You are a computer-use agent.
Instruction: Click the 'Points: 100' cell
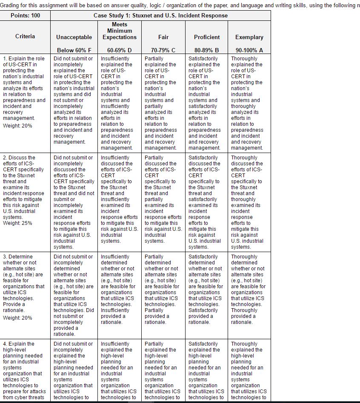(x=26, y=15)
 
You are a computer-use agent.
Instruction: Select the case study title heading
(x=160, y=15)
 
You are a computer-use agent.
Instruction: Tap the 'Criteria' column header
(x=26, y=37)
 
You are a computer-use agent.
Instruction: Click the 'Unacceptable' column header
(x=74, y=37)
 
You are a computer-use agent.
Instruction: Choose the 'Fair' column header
(x=163, y=37)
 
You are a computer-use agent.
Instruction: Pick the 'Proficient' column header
(x=207, y=37)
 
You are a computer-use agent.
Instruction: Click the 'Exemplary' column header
(x=249, y=37)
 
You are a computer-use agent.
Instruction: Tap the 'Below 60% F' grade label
(x=74, y=50)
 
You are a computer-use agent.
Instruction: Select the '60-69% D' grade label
(x=120, y=50)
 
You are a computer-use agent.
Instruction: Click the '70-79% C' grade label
(x=163, y=50)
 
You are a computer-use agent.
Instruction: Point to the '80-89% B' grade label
(x=207, y=50)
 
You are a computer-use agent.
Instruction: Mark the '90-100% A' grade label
(x=249, y=50)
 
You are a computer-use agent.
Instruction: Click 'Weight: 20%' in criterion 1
(x=17, y=126)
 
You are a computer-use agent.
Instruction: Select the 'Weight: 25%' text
(x=17, y=223)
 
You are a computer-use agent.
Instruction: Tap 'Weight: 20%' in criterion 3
(x=17, y=318)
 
